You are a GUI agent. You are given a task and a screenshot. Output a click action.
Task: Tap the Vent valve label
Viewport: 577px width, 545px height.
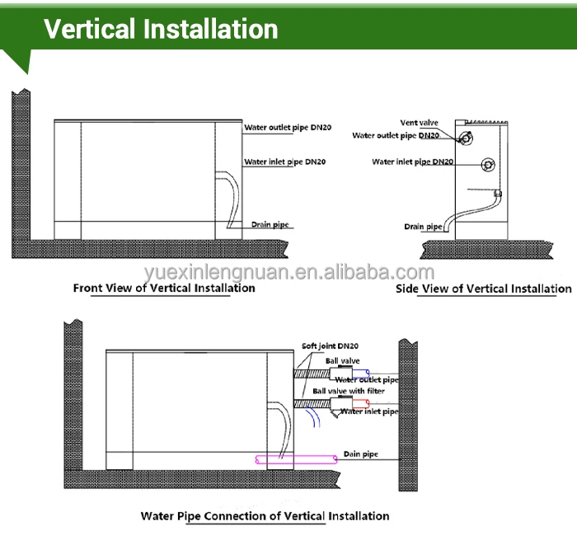(420, 123)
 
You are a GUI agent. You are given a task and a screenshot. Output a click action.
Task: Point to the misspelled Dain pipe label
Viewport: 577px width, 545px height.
(359, 453)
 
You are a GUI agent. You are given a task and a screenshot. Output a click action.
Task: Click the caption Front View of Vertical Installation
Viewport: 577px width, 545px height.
(164, 288)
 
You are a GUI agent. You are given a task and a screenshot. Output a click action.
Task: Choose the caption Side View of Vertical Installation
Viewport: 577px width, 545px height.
(483, 289)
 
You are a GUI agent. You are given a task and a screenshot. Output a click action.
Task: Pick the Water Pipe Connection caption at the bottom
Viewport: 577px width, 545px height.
(265, 516)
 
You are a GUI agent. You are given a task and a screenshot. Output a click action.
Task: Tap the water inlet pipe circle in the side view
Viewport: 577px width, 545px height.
(488, 165)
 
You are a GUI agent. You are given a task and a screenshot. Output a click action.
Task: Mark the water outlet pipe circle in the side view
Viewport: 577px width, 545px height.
(466, 138)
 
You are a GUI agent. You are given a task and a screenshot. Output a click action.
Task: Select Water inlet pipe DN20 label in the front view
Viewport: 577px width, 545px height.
(284, 162)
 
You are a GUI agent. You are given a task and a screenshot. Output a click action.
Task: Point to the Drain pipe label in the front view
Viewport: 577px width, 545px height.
(271, 224)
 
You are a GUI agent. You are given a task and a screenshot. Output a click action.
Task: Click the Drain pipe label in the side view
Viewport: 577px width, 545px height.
(422, 226)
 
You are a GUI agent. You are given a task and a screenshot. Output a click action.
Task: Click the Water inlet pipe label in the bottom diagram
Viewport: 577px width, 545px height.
(369, 411)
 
